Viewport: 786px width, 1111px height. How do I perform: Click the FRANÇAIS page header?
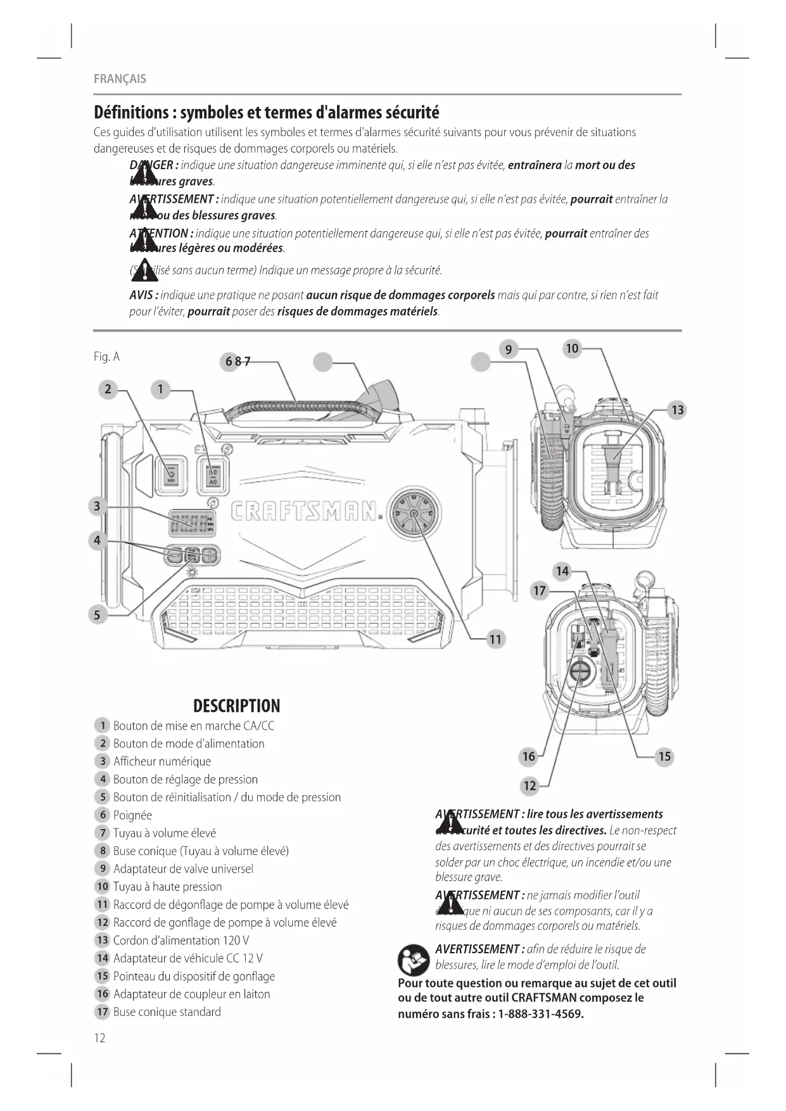click(x=120, y=79)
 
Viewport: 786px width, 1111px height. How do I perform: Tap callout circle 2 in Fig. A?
click(x=108, y=389)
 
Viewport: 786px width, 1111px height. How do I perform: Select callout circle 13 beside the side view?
click(x=677, y=410)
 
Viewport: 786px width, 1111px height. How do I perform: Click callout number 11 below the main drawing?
click(x=495, y=639)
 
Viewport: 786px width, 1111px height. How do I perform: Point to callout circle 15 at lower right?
click(x=664, y=756)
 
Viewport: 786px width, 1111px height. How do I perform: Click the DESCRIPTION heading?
click(x=236, y=706)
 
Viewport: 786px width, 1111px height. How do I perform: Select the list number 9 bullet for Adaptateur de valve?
click(x=102, y=868)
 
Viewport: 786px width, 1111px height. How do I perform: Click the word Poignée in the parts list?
click(x=132, y=815)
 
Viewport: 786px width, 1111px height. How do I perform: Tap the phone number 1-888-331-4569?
click(x=540, y=1014)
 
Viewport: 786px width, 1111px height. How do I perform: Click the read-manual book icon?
click(x=414, y=960)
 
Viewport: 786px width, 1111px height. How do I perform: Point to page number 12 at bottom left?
click(x=99, y=1038)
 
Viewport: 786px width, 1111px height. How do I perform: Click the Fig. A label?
click(x=106, y=357)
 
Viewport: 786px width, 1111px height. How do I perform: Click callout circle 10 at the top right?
click(x=572, y=348)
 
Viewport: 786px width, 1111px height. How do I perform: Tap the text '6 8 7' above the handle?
click(x=238, y=362)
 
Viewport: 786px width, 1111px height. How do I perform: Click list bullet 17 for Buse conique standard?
click(x=102, y=1012)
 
